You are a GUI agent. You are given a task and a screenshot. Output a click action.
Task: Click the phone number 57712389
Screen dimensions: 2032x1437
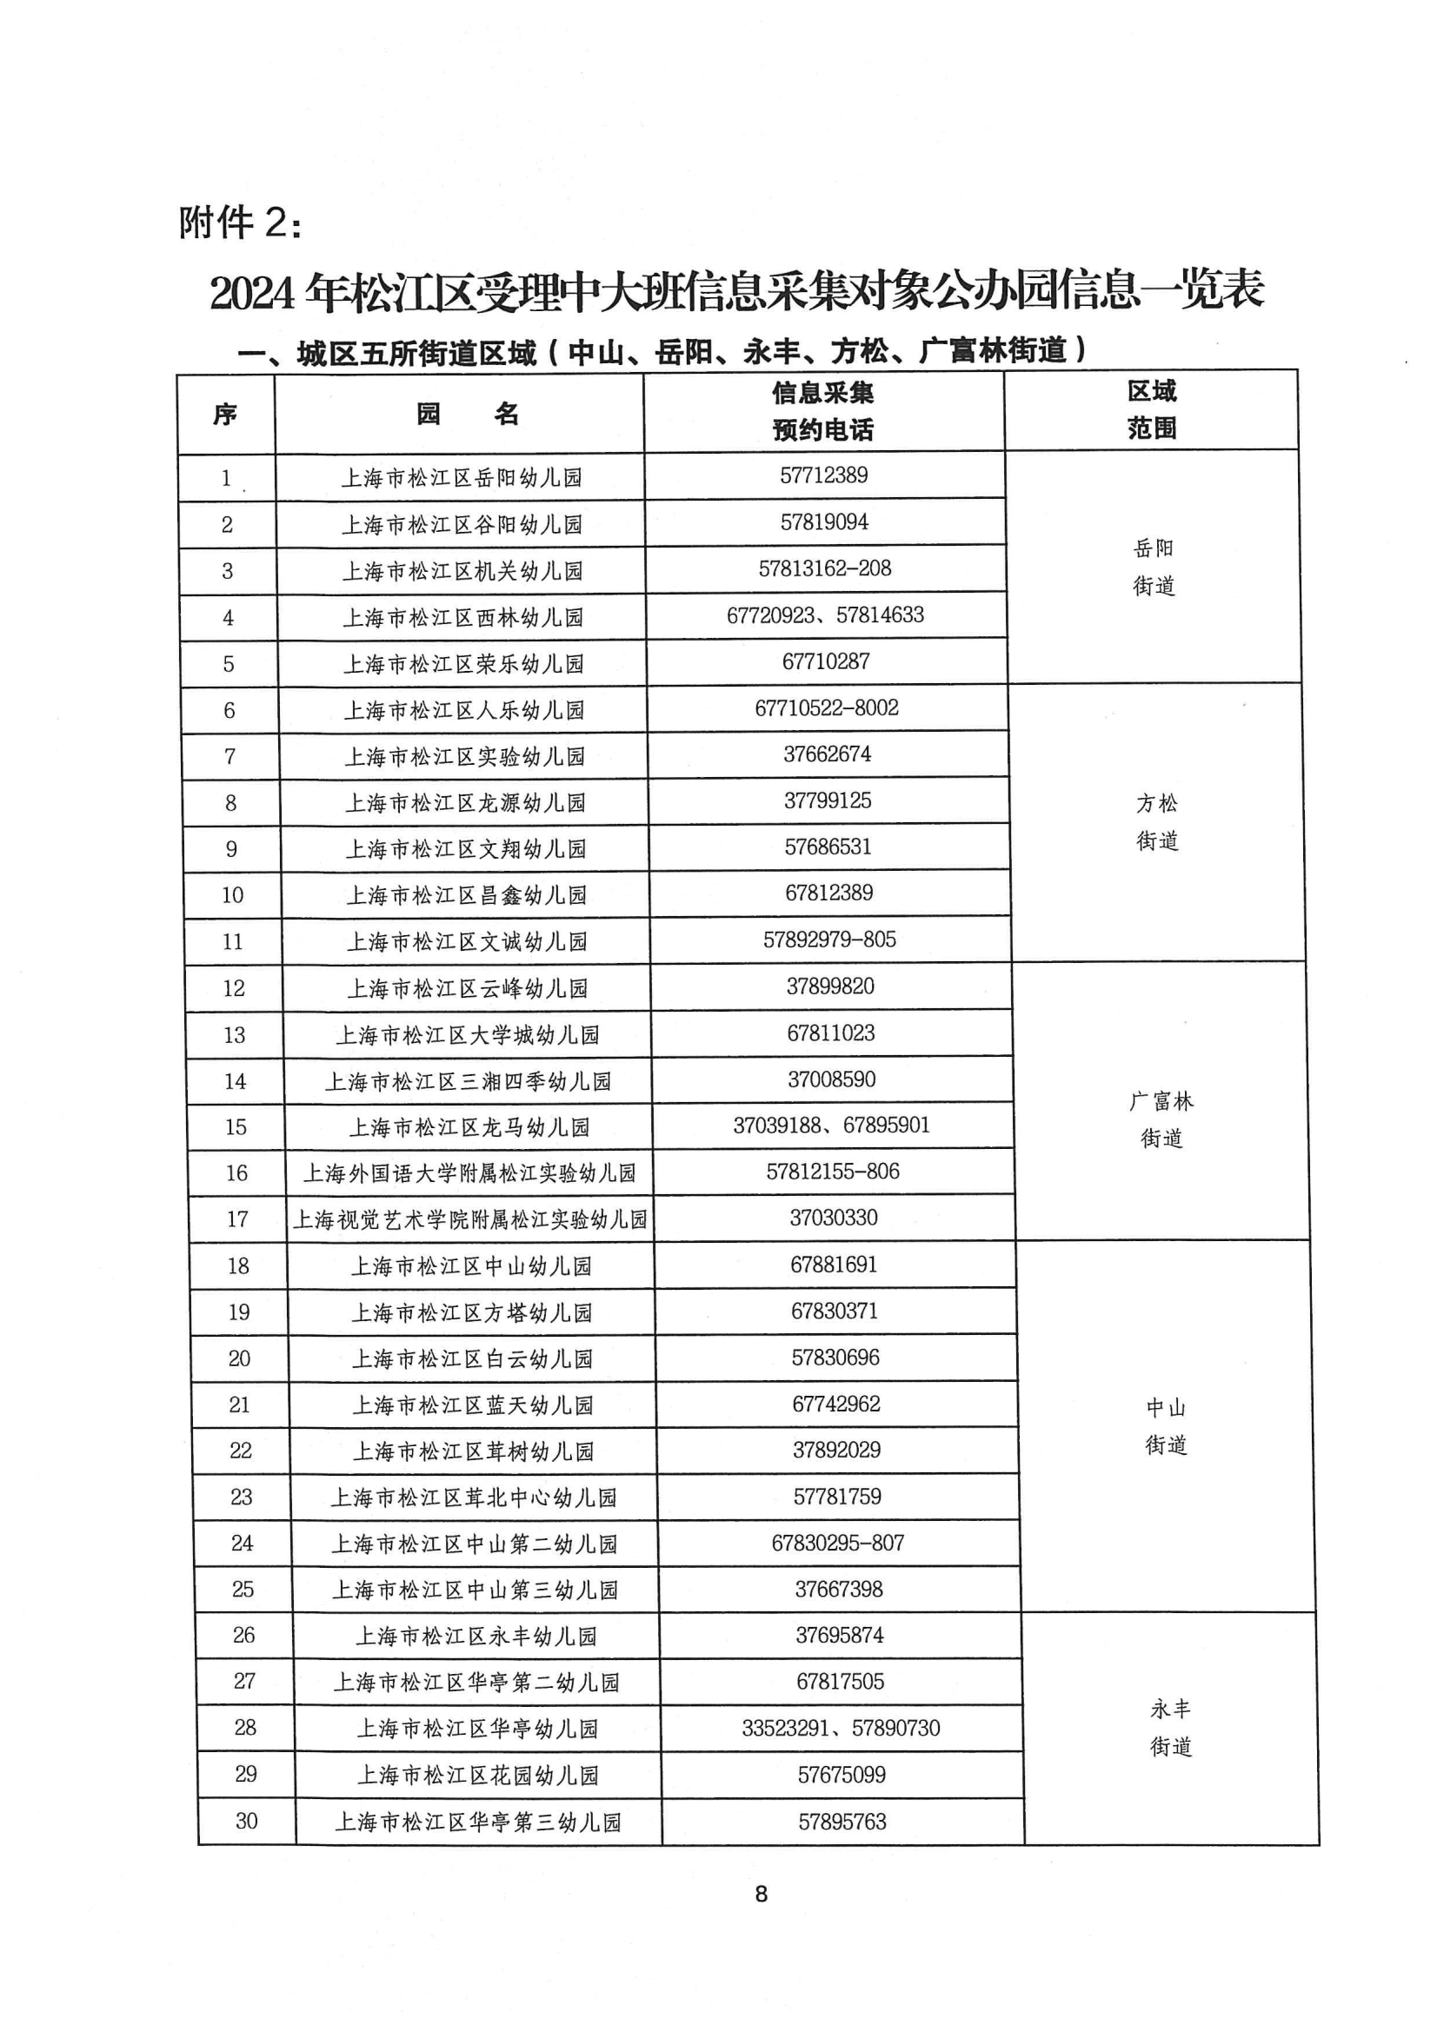coord(823,475)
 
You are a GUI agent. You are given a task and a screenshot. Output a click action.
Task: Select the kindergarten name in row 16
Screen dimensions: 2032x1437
coord(469,1173)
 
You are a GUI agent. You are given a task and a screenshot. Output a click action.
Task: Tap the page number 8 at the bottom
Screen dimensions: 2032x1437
coord(762,1894)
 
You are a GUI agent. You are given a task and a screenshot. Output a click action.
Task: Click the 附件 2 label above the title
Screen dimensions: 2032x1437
coord(240,223)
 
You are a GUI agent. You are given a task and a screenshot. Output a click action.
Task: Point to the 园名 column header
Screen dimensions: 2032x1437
coord(468,415)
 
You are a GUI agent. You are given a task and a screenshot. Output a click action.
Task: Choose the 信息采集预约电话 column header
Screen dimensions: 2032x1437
coord(822,412)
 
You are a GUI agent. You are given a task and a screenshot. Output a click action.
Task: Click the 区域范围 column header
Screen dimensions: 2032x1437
coord(1152,409)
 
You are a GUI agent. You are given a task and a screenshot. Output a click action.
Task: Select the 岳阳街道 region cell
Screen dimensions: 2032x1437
coord(1154,567)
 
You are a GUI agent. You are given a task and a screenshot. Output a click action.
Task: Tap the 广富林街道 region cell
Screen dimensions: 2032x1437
coord(1161,1119)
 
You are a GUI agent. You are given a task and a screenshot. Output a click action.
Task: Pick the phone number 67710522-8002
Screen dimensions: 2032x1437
coord(827,708)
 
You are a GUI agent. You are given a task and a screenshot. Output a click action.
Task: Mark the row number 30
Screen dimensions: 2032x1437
coord(246,1822)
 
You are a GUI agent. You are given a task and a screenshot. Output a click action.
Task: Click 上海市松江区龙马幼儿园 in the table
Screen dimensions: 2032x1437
coord(469,1127)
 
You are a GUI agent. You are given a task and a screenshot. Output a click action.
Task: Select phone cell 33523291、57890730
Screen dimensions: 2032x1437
coord(842,1729)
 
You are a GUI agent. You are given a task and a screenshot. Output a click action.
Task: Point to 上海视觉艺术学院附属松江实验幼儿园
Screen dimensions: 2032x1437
coord(470,1219)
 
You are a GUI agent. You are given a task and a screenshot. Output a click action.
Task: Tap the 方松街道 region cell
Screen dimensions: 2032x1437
coord(1157,822)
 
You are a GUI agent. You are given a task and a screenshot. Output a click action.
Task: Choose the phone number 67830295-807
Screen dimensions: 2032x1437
coord(837,1544)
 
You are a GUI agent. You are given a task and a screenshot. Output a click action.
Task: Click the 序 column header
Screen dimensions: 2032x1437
coord(225,415)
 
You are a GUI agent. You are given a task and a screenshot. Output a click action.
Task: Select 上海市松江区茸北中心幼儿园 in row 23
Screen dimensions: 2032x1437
coord(474,1497)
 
